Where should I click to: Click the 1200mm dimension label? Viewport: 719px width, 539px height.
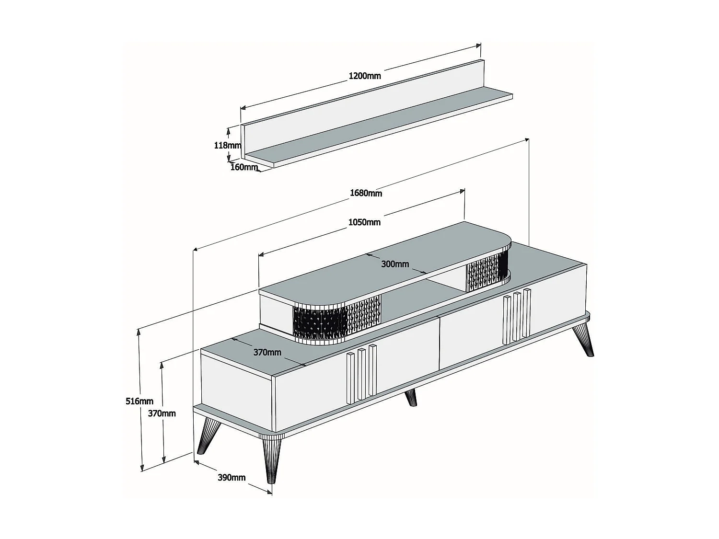pyautogui.click(x=364, y=76)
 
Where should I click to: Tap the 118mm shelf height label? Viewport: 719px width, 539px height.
pyautogui.click(x=227, y=145)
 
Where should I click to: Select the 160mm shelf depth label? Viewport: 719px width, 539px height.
pyautogui.click(x=244, y=167)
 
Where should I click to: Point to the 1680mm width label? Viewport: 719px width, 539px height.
pyautogui.click(x=366, y=193)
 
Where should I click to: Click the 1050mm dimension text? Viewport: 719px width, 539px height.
pyautogui.click(x=364, y=222)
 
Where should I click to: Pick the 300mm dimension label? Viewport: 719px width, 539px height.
pyautogui.click(x=395, y=264)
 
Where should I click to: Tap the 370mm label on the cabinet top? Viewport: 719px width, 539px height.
pyautogui.click(x=267, y=352)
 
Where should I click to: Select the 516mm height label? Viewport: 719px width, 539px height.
pyautogui.click(x=139, y=401)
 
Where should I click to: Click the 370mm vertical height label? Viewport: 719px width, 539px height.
pyautogui.click(x=162, y=413)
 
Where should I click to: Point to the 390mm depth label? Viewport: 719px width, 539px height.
pyautogui.click(x=232, y=477)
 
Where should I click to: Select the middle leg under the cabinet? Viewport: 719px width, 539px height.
pyautogui.click(x=411, y=397)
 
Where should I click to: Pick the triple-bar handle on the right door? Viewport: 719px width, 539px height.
pyautogui.click(x=517, y=316)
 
